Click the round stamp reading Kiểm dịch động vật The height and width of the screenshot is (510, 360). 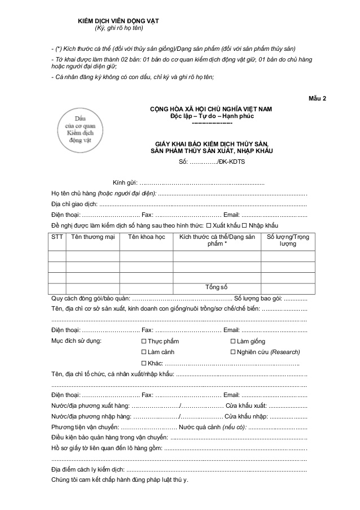coord(76,128)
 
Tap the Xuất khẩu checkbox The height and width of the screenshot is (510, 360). coord(209,225)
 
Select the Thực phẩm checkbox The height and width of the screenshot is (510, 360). coord(143,341)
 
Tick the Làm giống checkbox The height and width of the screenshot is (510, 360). coord(233,341)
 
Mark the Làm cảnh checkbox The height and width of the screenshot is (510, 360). coord(143,352)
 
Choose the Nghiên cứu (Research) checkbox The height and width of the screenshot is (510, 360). coord(233,352)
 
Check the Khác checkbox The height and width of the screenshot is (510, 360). coord(143,363)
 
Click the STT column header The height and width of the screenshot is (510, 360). coord(57,237)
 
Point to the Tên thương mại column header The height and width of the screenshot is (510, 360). coord(93,237)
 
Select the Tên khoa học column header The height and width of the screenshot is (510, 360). coord(146,237)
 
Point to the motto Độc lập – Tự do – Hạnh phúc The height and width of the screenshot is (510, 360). coord(212,115)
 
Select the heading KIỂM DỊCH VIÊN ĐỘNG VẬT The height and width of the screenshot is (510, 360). coord(118,21)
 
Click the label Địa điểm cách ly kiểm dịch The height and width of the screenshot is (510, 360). coord(87,470)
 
